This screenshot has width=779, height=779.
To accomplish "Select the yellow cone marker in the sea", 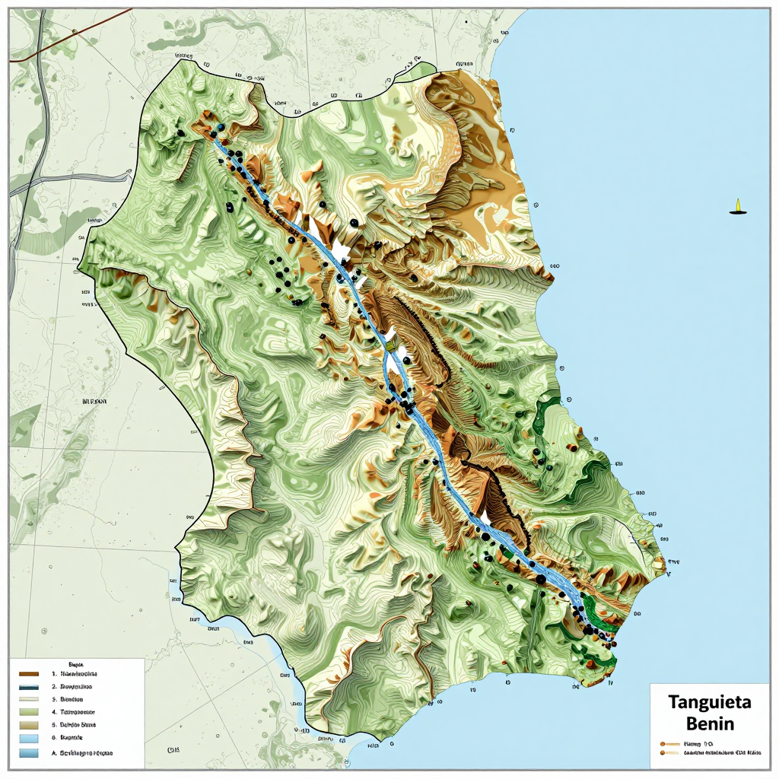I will [x=736, y=206].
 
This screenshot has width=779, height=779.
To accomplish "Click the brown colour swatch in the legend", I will [x=28, y=674].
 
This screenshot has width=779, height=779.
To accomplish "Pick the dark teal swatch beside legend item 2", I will [x=28, y=686].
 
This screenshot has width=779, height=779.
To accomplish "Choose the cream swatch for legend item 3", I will [x=28, y=699].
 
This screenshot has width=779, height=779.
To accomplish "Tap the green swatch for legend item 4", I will [x=28, y=712].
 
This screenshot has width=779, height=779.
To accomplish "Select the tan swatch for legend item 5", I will [x=28, y=725].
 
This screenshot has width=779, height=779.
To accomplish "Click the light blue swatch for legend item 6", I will [x=28, y=738].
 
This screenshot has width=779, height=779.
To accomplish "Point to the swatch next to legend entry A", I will [x=28, y=752].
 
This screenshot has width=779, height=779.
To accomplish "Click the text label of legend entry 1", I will [x=79, y=674].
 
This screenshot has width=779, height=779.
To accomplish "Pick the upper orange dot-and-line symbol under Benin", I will [x=669, y=742].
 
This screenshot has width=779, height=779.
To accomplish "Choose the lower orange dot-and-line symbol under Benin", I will [x=669, y=752].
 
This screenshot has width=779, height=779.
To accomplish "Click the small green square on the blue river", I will [x=389, y=346].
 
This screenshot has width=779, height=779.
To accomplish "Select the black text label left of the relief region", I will [x=94, y=400].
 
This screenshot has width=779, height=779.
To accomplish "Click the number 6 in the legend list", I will [x=54, y=738].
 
